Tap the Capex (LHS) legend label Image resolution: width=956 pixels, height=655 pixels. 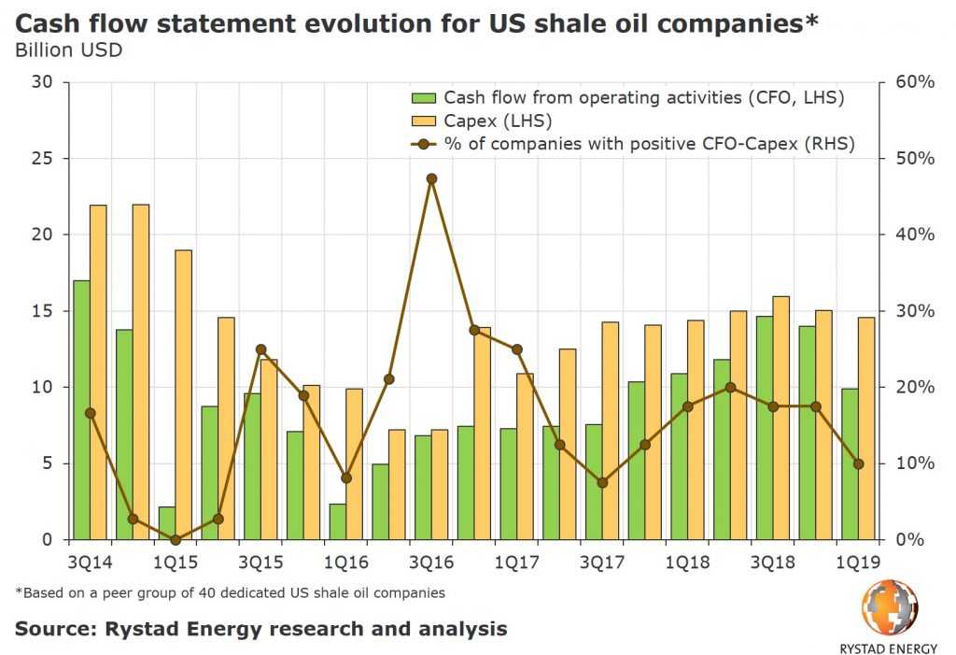(x=499, y=121)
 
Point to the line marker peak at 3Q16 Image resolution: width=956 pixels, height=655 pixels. (x=431, y=178)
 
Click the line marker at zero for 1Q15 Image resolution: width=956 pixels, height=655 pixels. (x=176, y=539)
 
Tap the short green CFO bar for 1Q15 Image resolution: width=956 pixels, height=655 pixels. (x=167, y=523)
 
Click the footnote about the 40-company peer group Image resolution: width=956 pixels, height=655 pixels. (x=230, y=592)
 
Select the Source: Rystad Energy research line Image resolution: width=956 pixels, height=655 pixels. (x=260, y=628)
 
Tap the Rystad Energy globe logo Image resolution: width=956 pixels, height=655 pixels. (x=889, y=607)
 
